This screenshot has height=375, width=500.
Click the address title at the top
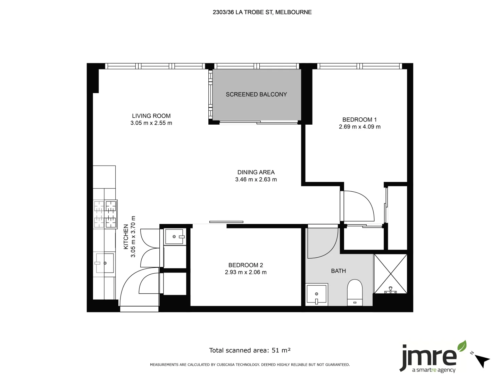pos(262,12)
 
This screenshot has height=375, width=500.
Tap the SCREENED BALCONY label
pos(256,94)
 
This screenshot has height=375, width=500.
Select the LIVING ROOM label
pos(151,116)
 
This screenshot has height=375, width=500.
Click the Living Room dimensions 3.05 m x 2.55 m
pos(151,123)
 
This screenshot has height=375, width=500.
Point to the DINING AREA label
pos(256,172)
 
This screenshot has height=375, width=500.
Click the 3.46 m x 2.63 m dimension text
pos(256,180)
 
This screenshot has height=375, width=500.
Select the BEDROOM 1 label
pos(359,119)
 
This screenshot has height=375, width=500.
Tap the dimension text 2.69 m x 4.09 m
pos(359,127)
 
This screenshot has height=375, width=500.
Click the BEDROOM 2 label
pos(245,265)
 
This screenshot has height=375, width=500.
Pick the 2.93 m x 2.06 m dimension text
pos(245,272)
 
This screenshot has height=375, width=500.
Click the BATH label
pos(338,271)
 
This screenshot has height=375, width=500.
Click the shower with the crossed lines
pos(390,274)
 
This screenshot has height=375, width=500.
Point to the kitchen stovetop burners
pos(105,214)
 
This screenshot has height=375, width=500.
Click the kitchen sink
pos(105,263)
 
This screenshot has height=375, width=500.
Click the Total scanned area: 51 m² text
pos(250,350)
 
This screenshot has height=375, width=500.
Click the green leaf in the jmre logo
pos(462,346)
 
